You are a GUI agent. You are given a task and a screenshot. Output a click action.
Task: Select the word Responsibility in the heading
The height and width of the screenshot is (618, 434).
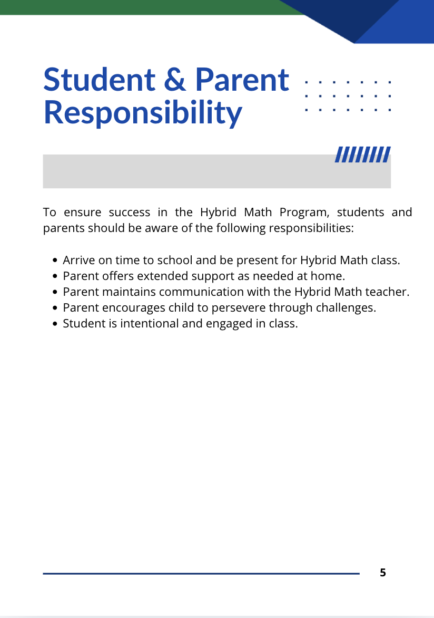pyautogui.click(x=142, y=112)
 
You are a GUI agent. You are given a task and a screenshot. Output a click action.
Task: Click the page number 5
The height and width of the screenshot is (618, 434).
pyautogui.click(x=383, y=573)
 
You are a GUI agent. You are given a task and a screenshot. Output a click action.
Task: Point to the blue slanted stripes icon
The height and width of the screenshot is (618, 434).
pyautogui.click(x=363, y=154)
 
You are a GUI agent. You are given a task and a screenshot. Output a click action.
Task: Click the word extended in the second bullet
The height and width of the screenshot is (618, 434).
pyautogui.click(x=162, y=276)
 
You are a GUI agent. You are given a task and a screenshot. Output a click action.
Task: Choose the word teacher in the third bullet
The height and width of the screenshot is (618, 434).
pyautogui.click(x=389, y=292)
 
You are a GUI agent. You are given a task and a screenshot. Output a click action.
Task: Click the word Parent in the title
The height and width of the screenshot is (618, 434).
pyautogui.click(x=242, y=80)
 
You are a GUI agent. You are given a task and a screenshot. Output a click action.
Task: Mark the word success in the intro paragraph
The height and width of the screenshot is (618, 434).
pyautogui.click(x=126, y=213)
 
